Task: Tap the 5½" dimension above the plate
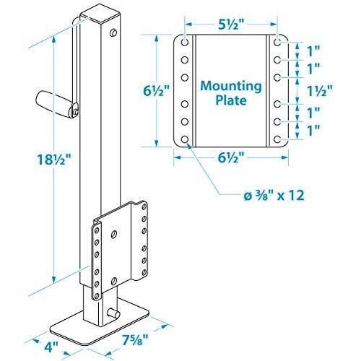click(x=231, y=23)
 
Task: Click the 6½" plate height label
click(x=155, y=92)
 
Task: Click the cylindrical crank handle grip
click(x=56, y=101)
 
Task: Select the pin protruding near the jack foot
click(x=113, y=313)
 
